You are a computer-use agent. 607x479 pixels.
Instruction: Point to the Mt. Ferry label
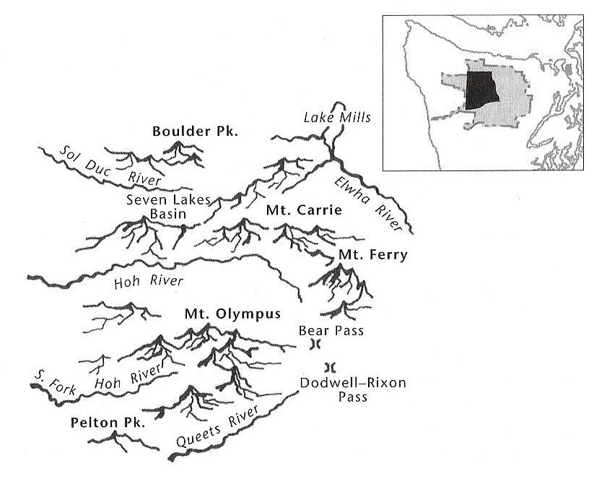(x=373, y=255)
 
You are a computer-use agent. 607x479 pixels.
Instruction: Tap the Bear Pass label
(x=331, y=331)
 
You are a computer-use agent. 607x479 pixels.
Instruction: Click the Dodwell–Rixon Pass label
(x=351, y=384)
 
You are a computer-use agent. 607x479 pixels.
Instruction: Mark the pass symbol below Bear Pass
(x=313, y=345)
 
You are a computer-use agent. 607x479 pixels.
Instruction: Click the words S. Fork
(x=57, y=380)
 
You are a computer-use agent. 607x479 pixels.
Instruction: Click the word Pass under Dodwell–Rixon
(x=351, y=397)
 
